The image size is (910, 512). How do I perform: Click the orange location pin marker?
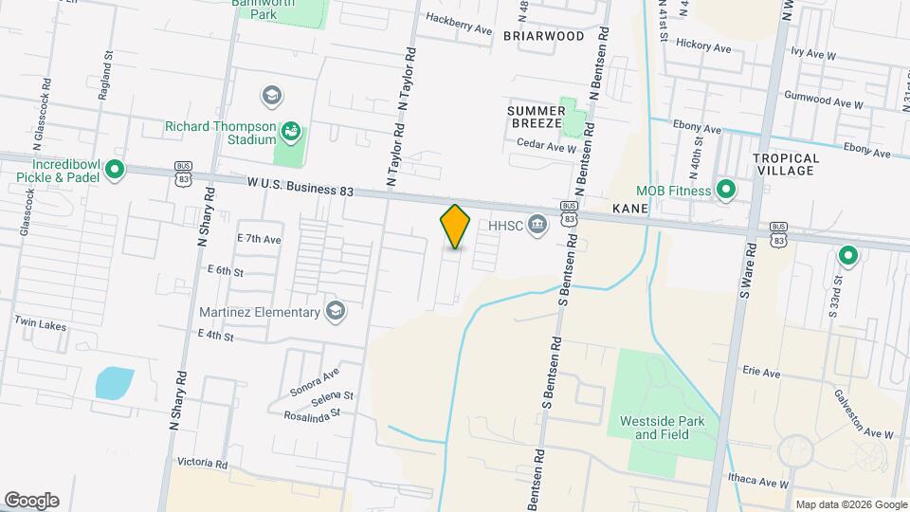pos(455,227)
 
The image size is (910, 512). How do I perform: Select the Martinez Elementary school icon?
pos(335,310)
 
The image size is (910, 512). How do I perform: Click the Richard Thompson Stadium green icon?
pos(291,129)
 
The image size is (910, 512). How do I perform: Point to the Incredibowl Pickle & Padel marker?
pos(115,171)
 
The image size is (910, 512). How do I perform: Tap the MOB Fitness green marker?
pos(726,191)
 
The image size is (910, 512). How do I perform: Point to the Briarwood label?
pos(543,36)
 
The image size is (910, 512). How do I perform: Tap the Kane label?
pos(630,208)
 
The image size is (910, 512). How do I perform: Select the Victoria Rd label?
pos(202,464)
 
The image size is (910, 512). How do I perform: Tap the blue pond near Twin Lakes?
pos(114,381)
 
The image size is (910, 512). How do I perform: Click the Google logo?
pos(31,500)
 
